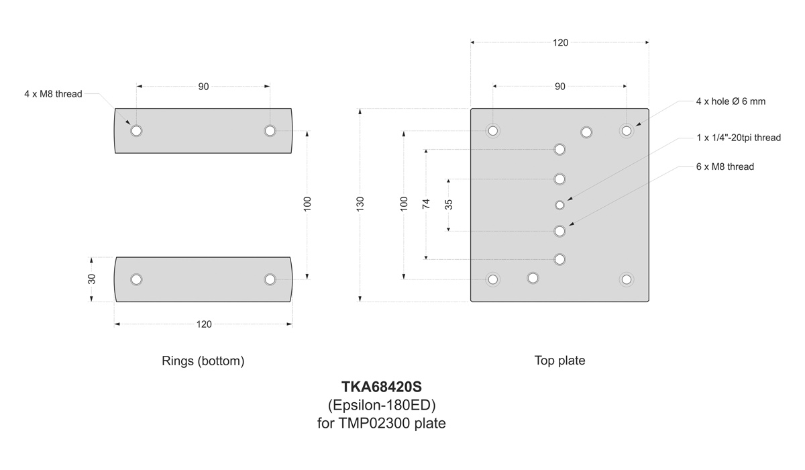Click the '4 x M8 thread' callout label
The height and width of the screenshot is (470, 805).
pos(53,94)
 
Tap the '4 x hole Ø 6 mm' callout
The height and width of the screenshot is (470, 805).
pos(731,101)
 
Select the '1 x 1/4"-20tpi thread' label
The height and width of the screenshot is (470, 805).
pos(739,138)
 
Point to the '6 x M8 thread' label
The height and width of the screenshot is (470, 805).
pos(725,167)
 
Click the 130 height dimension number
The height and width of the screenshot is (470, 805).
pos(360,204)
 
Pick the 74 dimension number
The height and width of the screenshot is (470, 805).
pos(426,204)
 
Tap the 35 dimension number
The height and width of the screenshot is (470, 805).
pos(449,204)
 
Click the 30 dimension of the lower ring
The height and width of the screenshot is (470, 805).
pos(92,279)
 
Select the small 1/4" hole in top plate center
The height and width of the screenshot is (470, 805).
pos(559,204)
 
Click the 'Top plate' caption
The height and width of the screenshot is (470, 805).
pos(559,361)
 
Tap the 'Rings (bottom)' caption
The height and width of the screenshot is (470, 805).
pos(203,361)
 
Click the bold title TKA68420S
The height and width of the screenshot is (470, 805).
pos(381,387)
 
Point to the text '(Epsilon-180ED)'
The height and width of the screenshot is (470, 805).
pos(381,406)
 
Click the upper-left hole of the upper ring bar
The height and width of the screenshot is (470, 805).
pos(137,130)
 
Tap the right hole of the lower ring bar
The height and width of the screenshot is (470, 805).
pos(270,279)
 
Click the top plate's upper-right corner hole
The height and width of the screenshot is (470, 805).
pos(626,130)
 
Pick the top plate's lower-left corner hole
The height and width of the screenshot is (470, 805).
pos(493,279)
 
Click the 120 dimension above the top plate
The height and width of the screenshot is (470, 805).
pos(560,43)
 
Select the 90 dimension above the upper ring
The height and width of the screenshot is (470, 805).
pos(203,87)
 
